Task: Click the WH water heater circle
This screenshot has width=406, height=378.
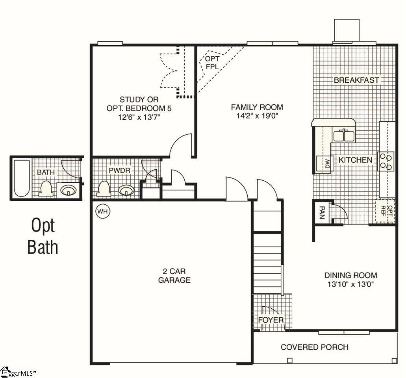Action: pos(103,211)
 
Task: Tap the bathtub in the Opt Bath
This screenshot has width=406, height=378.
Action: pos(22,178)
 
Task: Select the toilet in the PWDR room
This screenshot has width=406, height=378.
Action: pos(104,189)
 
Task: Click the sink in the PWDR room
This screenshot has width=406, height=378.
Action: pos(126,190)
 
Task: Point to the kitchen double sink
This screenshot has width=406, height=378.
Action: pos(344,135)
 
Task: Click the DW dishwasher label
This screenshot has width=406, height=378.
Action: pos(328,163)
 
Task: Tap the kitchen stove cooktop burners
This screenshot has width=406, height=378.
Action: pos(386,161)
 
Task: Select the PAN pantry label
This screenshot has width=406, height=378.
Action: pos(322,213)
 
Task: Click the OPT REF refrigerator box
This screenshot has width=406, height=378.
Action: pos(386,211)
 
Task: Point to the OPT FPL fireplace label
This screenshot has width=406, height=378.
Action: pos(212,63)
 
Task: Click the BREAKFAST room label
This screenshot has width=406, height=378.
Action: pos(356,80)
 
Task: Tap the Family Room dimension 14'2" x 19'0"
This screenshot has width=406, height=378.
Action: pos(257,115)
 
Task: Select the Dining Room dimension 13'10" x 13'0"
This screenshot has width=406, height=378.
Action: pos(351,284)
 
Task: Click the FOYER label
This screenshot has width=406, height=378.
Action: pos(271,320)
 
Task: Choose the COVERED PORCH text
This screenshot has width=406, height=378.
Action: pos(315,347)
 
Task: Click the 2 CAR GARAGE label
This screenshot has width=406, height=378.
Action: pos(174,276)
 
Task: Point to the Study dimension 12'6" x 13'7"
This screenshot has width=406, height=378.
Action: pos(139,117)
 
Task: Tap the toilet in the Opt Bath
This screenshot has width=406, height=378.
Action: pos(46,189)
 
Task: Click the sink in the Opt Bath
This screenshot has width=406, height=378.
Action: pos(69,190)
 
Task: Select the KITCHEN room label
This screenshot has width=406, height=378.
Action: pos(355,160)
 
